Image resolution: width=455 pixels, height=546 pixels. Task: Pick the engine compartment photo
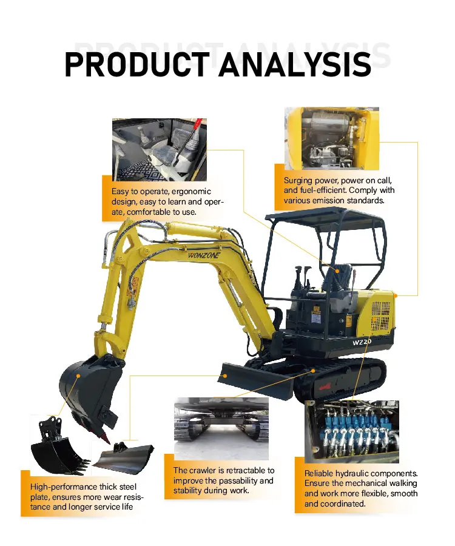pyautogui.click(x=332, y=139)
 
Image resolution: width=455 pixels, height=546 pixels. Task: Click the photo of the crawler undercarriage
pyautogui.click(x=221, y=427)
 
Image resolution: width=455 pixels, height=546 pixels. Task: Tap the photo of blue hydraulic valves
pyautogui.click(x=352, y=430)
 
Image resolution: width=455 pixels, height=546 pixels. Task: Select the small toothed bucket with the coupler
pyautogui.click(x=58, y=449)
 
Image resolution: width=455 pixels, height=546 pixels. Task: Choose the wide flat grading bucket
pyautogui.click(x=124, y=454)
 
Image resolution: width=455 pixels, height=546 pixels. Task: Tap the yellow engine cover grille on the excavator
pyautogui.click(x=380, y=315)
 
